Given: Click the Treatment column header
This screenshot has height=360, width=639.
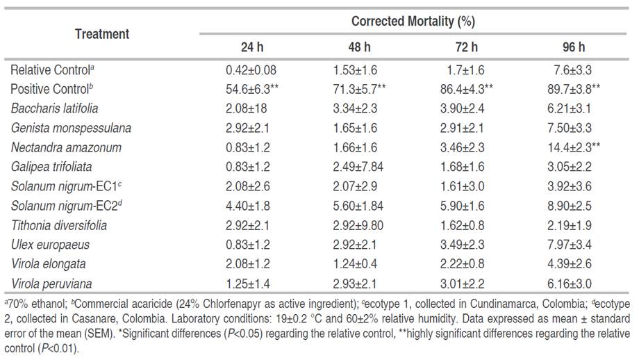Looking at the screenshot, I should pos(102,33).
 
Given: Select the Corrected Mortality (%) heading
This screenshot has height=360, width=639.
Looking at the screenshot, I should pos(413,21).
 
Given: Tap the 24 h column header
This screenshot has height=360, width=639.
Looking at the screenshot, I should pos(248,47).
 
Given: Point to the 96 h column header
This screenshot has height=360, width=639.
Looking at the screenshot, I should pos(574,47).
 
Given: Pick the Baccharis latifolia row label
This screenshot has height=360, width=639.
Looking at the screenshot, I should pos(54,108).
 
